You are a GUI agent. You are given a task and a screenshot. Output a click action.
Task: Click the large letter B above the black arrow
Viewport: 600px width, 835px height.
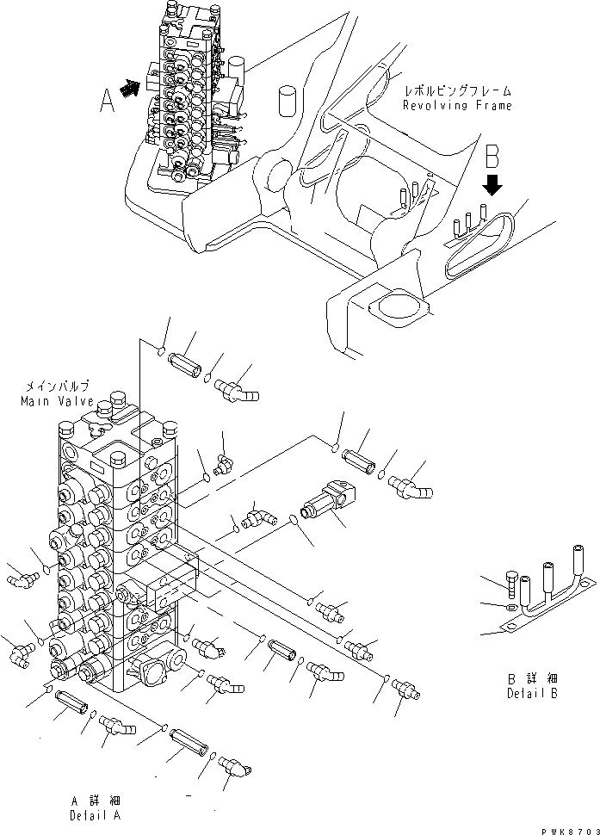[492, 158]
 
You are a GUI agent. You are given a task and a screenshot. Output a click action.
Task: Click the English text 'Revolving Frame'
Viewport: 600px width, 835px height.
[457, 106]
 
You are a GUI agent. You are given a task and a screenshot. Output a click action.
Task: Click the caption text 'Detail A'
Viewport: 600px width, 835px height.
[96, 814]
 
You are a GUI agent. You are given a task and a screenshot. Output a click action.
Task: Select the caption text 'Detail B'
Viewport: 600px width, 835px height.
[531, 694]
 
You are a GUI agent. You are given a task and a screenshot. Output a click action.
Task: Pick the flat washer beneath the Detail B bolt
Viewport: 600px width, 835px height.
[511, 608]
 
